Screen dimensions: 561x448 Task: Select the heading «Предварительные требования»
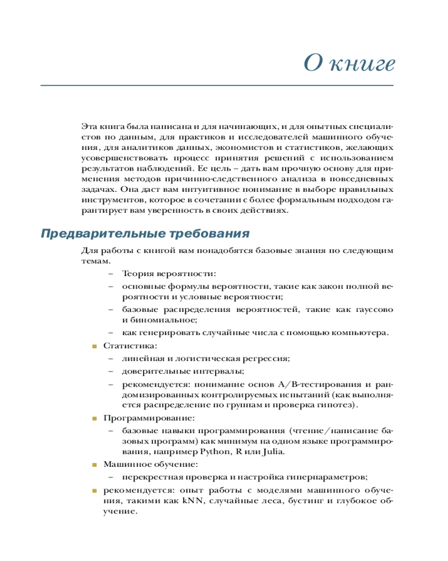145,233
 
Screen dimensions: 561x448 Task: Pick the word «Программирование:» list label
149,418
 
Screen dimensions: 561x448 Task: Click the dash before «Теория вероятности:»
110,273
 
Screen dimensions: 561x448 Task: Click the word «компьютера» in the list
362,333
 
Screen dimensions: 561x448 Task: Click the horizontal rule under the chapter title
217,85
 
